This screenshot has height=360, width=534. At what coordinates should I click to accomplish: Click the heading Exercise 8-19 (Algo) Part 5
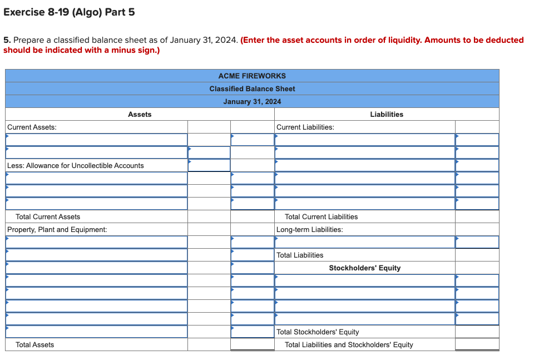[x=69, y=12]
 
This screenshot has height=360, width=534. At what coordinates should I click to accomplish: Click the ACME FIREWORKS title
[x=252, y=76]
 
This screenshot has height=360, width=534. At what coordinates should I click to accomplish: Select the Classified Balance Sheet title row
[x=252, y=88]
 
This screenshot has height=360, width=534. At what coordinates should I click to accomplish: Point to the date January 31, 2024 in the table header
[x=252, y=101]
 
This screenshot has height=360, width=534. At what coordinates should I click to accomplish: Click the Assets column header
[x=140, y=114]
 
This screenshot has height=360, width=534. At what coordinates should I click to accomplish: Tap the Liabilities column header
[x=387, y=114]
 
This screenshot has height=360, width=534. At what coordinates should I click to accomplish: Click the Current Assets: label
[x=32, y=127]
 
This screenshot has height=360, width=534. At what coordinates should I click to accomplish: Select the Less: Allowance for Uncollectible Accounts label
[x=75, y=165]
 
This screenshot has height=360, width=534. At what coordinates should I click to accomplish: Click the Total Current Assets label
[x=48, y=216]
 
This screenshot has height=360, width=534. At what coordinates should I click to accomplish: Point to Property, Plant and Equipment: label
[x=57, y=229]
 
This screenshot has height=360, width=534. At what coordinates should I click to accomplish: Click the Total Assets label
[x=35, y=344]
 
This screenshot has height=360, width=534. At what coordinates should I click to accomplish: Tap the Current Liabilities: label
[x=305, y=127]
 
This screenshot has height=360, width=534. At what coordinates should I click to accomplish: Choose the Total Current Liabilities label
[x=321, y=216]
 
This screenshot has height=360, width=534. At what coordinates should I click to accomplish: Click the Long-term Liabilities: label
[x=310, y=229]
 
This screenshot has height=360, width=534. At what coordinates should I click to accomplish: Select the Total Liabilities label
[x=300, y=255]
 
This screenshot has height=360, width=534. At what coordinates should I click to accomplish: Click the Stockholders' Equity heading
[x=364, y=268]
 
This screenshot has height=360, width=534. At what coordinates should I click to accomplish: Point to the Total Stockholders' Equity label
[x=318, y=332]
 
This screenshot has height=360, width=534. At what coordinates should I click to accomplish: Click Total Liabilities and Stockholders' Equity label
[x=349, y=344]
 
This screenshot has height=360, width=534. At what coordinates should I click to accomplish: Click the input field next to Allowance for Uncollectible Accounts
[x=209, y=165]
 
